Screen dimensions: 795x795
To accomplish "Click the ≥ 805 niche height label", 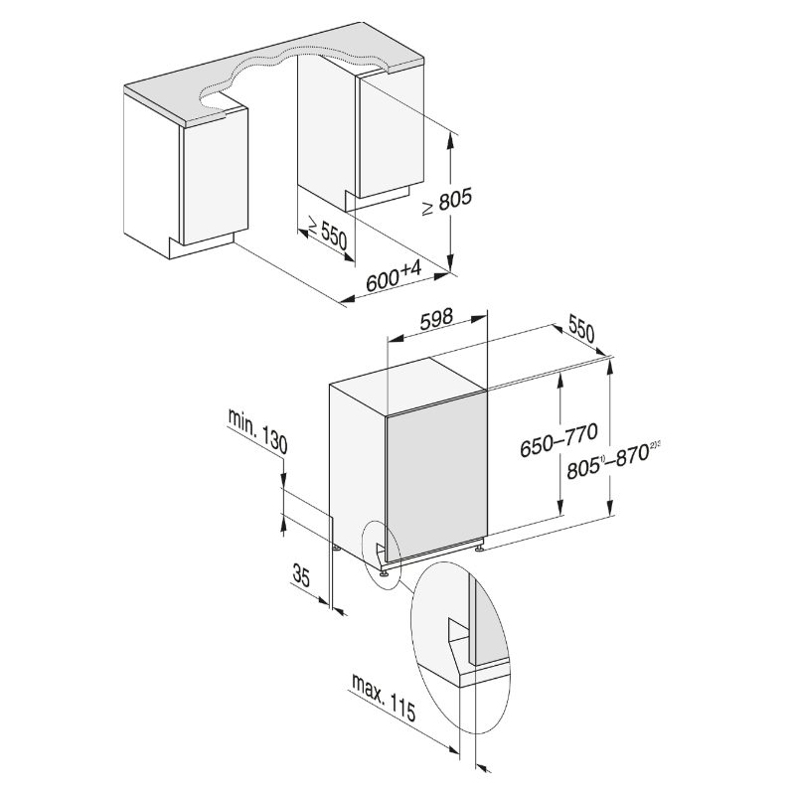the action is click(x=446, y=202).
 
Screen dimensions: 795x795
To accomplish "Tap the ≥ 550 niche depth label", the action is click(x=328, y=233).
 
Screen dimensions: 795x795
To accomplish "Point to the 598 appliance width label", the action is click(x=436, y=318).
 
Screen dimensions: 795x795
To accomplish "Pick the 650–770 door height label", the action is click(x=558, y=440).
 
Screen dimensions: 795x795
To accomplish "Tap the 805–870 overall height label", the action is click(x=611, y=460).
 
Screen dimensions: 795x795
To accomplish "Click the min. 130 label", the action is click(x=257, y=430).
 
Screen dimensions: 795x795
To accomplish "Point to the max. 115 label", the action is click(x=384, y=698).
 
